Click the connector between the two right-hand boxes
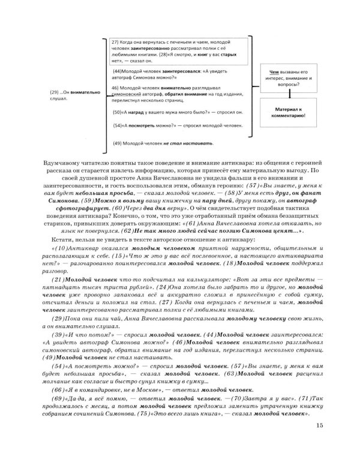[x=289, y=94]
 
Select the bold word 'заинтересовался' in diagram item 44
[x=170, y=70]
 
